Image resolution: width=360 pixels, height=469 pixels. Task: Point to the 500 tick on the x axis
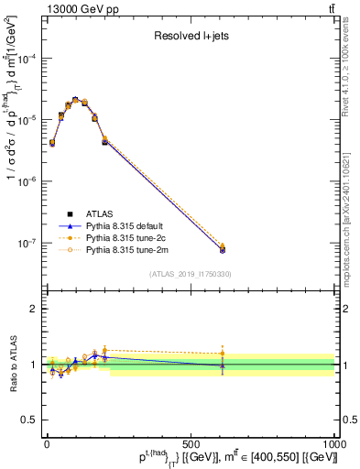191,439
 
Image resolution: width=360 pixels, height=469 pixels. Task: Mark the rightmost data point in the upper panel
222,249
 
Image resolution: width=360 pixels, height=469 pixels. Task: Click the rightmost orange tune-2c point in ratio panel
222,353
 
